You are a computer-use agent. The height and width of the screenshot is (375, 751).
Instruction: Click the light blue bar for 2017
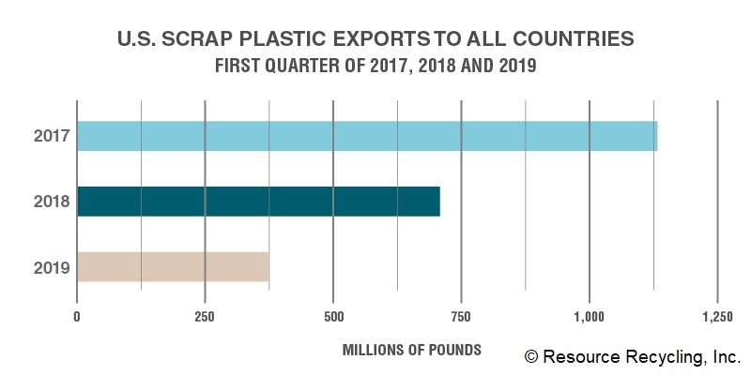click(x=367, y=136)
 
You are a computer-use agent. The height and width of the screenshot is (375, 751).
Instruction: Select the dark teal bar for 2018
click(x=259, y=202)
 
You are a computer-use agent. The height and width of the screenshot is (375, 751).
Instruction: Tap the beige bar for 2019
click(x=173, y=266)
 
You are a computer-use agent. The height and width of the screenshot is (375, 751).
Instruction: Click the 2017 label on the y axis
click(x=52, y=136)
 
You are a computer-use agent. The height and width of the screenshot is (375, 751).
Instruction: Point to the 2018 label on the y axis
click(x=52, y=202)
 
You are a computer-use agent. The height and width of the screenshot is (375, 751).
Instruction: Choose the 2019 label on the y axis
click(x=52, y=268)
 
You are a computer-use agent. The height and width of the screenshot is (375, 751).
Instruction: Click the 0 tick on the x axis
click(x=77, y=318)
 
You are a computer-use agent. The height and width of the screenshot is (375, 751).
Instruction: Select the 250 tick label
click(x=205, y=318)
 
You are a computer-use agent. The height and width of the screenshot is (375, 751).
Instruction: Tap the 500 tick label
click(x=333, y=318)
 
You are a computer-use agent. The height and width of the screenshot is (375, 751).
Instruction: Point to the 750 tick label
click(x=461, y=318)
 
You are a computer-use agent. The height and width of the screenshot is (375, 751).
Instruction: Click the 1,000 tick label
click(x=589, y=318)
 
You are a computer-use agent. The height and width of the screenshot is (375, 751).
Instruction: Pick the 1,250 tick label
click(x=717, y=318)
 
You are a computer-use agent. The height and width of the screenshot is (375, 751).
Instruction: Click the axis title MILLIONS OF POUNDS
click(x=412, y=350)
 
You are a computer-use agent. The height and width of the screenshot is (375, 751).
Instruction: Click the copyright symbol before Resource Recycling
click(x=531, y=357)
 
